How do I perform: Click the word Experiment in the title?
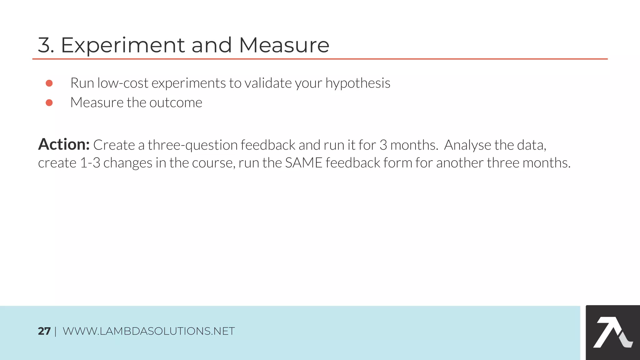click(123, 45)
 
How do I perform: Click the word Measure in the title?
click(284, 45)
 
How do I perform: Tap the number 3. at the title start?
click(46, 45)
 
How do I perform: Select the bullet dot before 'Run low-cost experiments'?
click(49, 83)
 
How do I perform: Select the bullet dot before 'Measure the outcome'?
click(49, 103)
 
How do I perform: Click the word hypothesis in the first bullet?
click(358, 83)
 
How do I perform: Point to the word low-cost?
click(123, 83)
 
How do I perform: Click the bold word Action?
click(64, 145)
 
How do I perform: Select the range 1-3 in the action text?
click(90, 163)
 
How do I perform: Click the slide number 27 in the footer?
click(44, 331)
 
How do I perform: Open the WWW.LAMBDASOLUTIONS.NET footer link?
click(149, 331)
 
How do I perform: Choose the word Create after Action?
click(114, 145)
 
